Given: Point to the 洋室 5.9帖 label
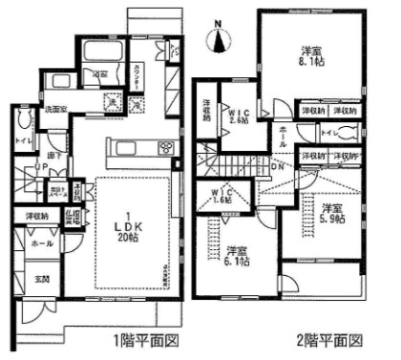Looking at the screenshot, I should coord(333,213).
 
